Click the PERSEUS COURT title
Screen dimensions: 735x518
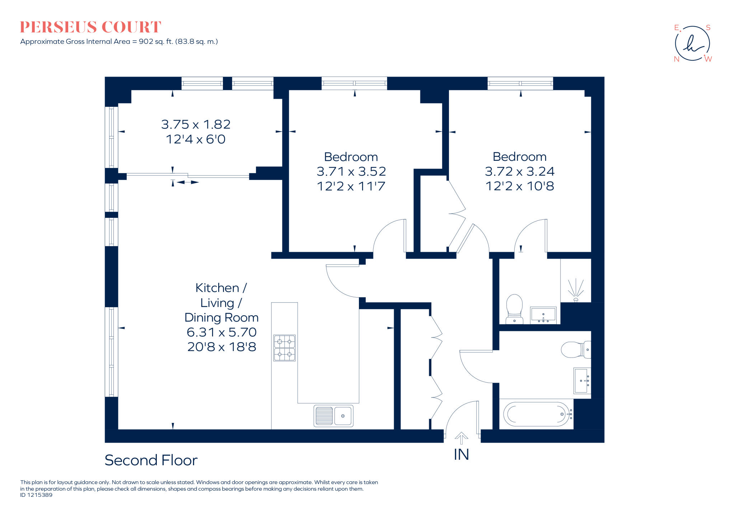click(x=90, y=27)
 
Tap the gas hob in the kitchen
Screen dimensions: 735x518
click(x=284, y=347)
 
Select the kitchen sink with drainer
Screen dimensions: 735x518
click(x=333, y=416)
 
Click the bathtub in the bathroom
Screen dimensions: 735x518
click(x=537, y=414)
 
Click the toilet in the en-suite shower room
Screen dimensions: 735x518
click(x=514, y=309)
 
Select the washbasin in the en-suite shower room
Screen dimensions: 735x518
click(x=543, y=315)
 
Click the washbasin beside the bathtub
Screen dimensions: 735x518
click(x=581, y=381)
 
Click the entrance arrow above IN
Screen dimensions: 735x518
click(x=461, y=438)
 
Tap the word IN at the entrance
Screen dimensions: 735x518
click(x=461, y=454)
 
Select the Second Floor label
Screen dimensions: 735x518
click(x=151, y=460)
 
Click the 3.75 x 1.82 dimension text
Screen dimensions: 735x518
click(x=196, y=124)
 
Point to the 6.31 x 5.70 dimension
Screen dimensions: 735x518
click(x=221, y=332)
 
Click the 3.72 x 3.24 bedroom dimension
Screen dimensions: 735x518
click(x=519, y=171)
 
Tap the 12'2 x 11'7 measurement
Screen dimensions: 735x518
click(x=351, y=186)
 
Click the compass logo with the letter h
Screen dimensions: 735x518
click(x=692, y=43)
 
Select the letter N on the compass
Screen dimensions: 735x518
click(x=677, y=59)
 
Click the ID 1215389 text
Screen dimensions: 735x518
click(x=36, y=495)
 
